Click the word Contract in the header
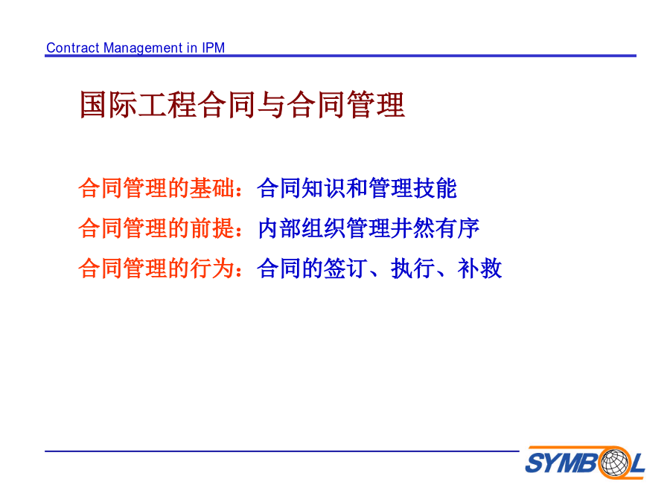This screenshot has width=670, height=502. coord(73,48)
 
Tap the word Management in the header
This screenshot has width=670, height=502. coord(144,48)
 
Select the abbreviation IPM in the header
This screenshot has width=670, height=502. coord(213,48)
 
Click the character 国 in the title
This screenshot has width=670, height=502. coord(93,105)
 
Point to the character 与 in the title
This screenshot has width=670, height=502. coord(271,105)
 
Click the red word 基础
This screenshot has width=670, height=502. coord(212,188)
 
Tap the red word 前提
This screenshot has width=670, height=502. coord(212,228)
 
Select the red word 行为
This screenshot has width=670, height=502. coord(212,268)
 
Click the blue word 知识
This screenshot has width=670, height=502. coord(324,188)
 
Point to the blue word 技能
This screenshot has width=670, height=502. coord(435,188)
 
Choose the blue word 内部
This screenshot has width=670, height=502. coord(279,228)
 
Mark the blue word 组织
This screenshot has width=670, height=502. coord(324,228)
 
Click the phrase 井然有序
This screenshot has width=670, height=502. coord(435,228)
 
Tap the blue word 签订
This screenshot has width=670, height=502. coord(345,268)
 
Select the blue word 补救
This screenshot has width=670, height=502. coord(479,268)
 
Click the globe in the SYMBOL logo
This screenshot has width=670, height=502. coord(615,463)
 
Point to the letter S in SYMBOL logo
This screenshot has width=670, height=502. coord(535,463)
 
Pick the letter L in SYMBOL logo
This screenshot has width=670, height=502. coord(637,463)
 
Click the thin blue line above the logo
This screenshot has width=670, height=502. coord(282,451)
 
